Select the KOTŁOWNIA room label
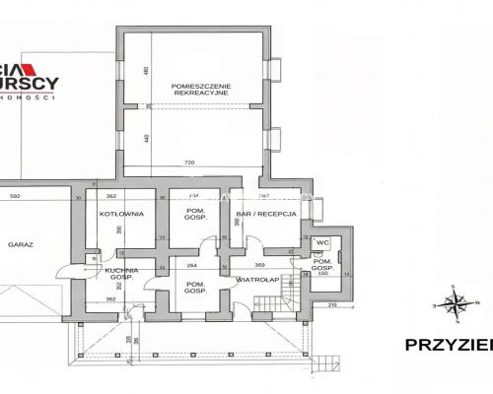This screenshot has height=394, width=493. (122, 213)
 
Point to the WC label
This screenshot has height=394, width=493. (321, 241)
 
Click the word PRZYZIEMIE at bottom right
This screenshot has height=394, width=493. (449, 345)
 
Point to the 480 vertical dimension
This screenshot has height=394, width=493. (145, 72)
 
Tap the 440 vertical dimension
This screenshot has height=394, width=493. (145, 138)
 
